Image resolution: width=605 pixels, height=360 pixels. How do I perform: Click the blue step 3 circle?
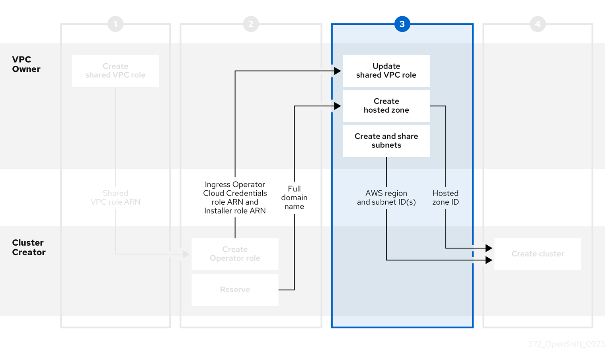402,24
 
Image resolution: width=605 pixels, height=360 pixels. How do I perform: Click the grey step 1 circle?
115,24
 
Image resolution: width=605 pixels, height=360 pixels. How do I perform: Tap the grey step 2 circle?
251,24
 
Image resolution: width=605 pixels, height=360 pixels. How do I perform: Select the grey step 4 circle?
537,24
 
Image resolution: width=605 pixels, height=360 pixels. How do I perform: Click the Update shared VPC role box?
386,71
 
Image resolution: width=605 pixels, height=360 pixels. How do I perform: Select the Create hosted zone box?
386,106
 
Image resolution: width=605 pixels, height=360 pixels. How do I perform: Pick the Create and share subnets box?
386,141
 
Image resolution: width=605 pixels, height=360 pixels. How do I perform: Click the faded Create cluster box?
537,254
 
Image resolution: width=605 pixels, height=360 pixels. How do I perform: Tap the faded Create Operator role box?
235,254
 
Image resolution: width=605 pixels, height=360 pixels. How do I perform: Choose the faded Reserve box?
235,290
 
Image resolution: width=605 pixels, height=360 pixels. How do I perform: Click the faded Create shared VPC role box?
115,71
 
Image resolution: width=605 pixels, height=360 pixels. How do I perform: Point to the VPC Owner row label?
26,64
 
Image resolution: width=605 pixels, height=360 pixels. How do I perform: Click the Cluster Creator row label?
29,247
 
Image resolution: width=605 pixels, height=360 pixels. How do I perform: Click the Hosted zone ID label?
445,198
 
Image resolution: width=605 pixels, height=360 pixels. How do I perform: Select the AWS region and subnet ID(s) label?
386,198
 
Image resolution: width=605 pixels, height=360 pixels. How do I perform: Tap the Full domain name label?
294,198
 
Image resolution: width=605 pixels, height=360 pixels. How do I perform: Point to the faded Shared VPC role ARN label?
115,198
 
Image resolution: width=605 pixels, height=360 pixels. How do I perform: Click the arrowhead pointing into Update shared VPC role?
338,71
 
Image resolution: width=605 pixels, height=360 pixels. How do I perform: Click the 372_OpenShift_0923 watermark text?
566,344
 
